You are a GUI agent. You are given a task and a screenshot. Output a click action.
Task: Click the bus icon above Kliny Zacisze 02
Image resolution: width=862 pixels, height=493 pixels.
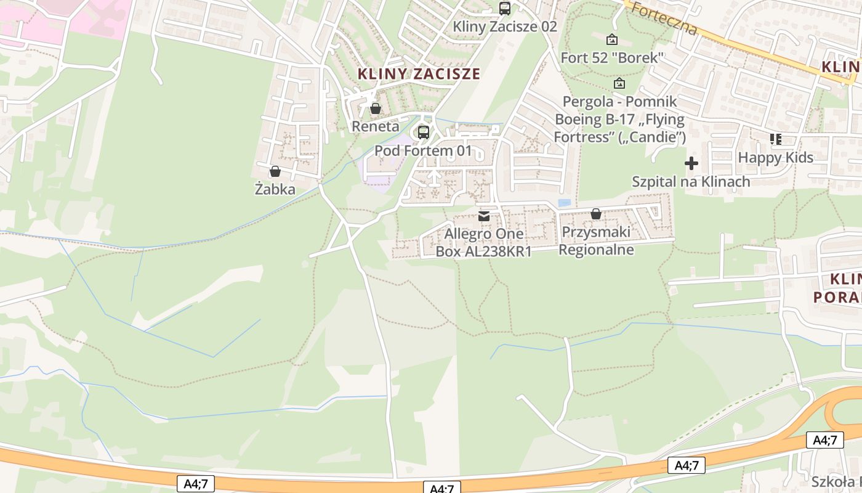pyautogui.click(x=505, y=8)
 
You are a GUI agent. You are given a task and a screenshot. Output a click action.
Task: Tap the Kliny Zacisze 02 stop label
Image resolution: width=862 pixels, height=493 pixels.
pyautogui.click(x=505, y=26)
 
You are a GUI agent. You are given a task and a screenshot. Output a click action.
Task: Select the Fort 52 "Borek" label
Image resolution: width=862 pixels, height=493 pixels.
pyautogui.click(x=612, y=58)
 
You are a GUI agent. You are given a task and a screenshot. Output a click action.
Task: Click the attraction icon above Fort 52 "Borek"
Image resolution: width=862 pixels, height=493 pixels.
pyautogui.click(x=612, y=39)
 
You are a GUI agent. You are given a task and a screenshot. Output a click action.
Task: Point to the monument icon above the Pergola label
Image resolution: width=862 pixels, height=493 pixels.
pyautogui.click(x=619, y=83)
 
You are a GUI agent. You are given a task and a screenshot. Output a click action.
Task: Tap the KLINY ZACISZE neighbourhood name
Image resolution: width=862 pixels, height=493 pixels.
pyautogui.click(x=419, y=74)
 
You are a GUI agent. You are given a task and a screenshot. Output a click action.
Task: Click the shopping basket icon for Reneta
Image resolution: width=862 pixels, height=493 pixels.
pyautogui.click(x=376, y=108)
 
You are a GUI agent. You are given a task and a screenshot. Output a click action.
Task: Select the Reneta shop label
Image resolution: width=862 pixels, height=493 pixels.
pyautogui.click(x=376, y=126)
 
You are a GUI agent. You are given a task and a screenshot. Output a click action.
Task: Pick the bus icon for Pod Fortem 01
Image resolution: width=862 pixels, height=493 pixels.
pyautogui.click(x=424, y=132)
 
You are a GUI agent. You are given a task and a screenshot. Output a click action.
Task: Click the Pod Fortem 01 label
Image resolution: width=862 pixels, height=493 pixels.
pyautogui.click(x=424, y=150)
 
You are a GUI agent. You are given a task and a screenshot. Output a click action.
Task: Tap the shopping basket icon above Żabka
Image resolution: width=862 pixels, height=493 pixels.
pyautogui.click(x=275, y=171)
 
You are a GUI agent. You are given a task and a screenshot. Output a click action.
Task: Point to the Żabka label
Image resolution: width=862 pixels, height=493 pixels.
pyautogui.click(x=275, y=190)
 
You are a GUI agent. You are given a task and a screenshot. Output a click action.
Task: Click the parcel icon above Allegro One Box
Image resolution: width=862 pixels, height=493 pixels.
pyautogui.click(x=484, y=216)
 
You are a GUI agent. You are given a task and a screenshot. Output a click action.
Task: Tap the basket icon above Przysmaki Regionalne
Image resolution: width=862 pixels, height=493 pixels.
pyautogui.click(x=596, y=214)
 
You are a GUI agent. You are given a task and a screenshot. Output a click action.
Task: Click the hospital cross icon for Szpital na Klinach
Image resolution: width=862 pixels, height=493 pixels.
pyautogui.click(x=691, y=163)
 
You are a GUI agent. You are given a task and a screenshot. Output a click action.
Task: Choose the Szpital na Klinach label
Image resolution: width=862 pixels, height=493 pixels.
pyautogui.click(x=691, y=181)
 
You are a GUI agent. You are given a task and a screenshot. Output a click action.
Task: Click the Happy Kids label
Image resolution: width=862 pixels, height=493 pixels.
pyautogui.click(x=776, y=158)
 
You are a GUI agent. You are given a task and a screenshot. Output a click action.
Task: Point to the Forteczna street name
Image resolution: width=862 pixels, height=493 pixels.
pyautogui.click(x=664, y=20)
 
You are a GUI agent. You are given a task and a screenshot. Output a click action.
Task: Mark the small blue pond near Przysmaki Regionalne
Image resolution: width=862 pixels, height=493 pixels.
pyautogui.click(x=564, y=203)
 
